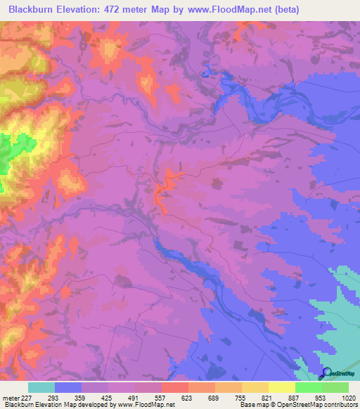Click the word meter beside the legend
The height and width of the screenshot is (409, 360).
(x=10, y=397)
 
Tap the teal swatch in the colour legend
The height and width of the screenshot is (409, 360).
(x=41, y=387)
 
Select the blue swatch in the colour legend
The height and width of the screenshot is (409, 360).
(x=68, y=387)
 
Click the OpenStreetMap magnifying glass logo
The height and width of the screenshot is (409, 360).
(x=326, y=373)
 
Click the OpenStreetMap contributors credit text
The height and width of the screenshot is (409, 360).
(x=323, y=405)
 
